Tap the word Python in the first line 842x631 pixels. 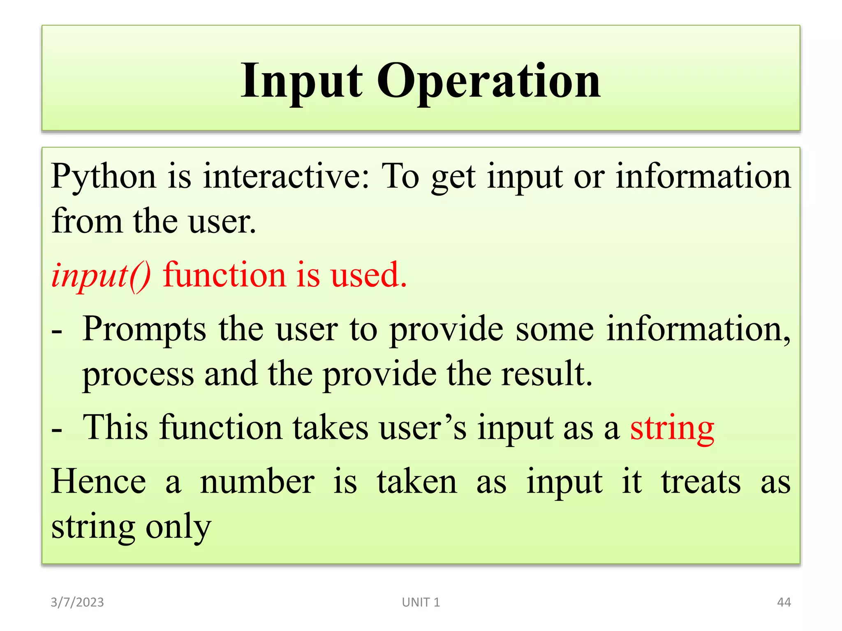click(x=104, y=177)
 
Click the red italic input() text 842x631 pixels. click(x=101, y=275)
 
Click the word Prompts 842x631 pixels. click(x=144, y=329)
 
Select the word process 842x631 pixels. click(x=138, y=375)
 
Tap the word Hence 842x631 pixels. click(x=99, y=481)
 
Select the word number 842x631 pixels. click(x=257, y=481)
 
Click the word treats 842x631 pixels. click(x=701, y=481)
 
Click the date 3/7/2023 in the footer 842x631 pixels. click(x=77, y=602)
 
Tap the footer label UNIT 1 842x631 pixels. click(x=421, y=602)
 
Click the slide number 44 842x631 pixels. click(x=784, y=602)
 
